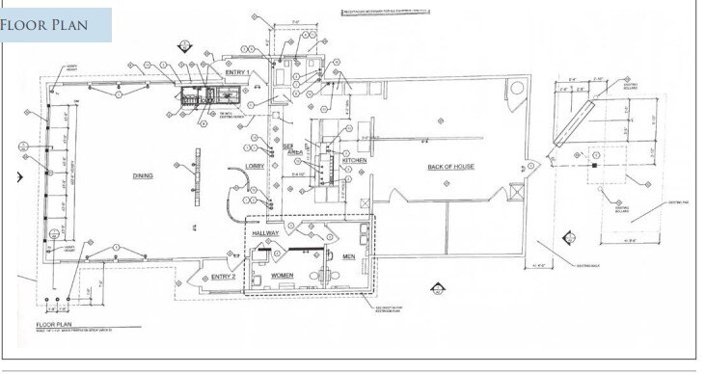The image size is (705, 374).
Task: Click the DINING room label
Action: (144, 176)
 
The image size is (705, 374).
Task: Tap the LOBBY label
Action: (255, 167)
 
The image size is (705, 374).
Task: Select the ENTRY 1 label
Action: (236, 73)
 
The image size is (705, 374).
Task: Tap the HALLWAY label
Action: (265, 234)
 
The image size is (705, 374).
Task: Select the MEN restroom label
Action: (349, 256)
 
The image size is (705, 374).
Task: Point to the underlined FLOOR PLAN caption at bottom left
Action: (56, 325)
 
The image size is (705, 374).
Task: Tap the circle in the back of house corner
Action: (517, 89)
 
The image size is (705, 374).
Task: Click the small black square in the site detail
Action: (595, 166)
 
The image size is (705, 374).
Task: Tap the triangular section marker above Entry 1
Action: (184, 44)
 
